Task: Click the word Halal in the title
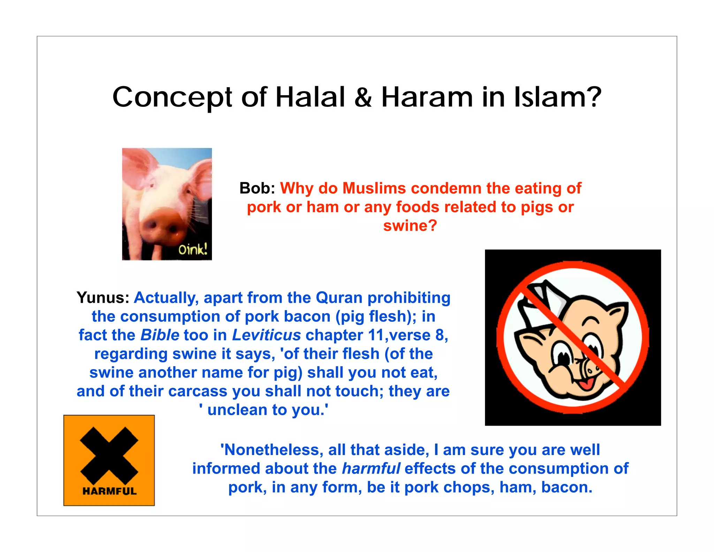pos(310,97)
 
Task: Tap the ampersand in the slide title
pos(363,97)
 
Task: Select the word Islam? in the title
pos(558,97)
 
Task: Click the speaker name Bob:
pos(257,188)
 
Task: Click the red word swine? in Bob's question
pos(410,226)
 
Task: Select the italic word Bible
pos(160,335)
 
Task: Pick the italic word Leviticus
pos(266,335)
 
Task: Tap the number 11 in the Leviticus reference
pos(375,335)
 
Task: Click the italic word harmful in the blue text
pos(371,469)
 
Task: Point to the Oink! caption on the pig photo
pos(193,249)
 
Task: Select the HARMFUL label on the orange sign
pos(109,491)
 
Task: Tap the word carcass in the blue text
pos(198,391)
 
